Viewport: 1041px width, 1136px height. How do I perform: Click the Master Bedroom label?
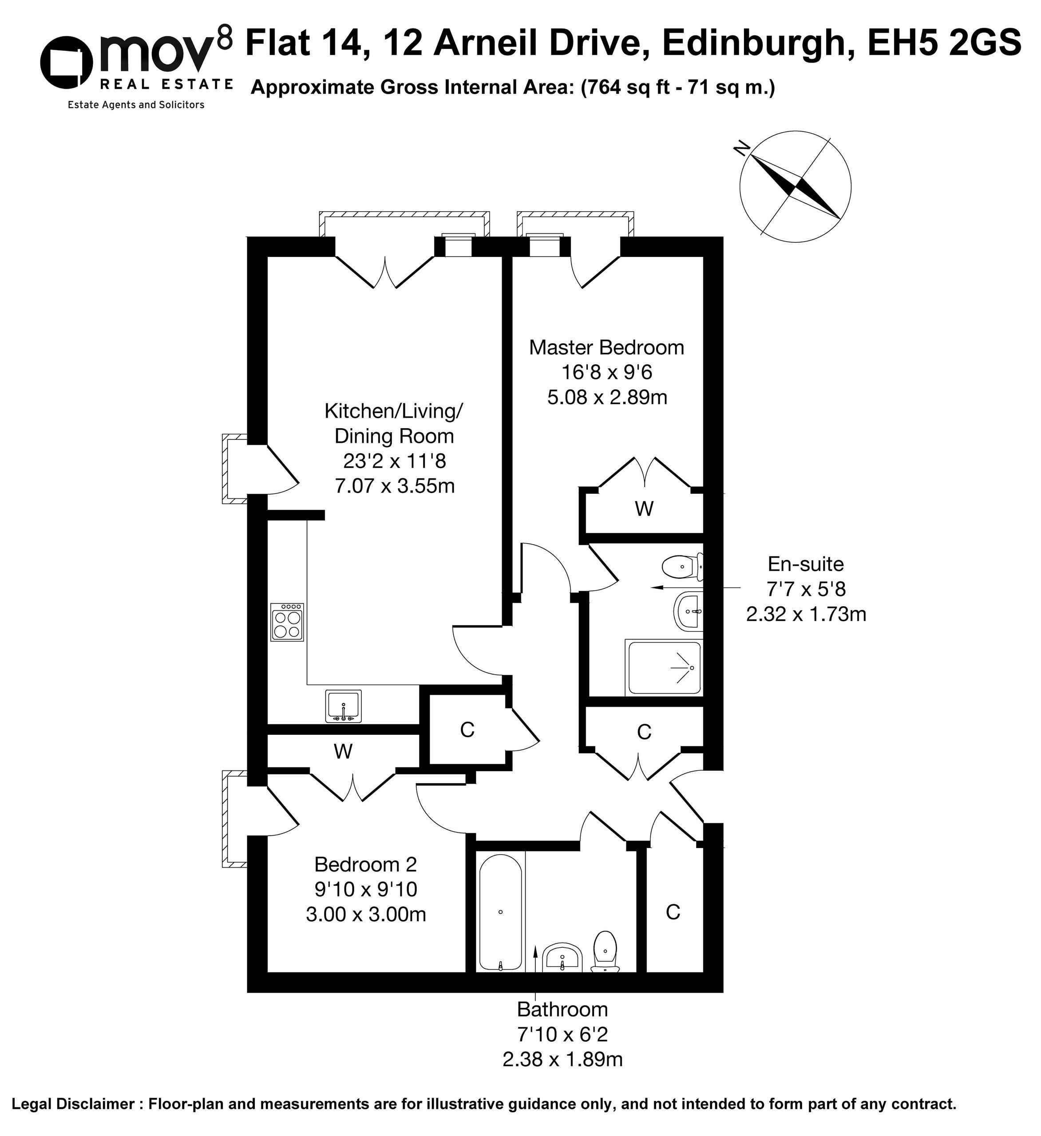(x=606, y=347)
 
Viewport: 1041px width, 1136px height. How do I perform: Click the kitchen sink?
(x=343, y=706)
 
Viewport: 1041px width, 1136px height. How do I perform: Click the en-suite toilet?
(x=683, y=566)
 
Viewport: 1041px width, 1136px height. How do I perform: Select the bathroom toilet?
(x=605, y=952)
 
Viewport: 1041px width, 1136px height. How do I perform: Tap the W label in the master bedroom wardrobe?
(x=644, y=509)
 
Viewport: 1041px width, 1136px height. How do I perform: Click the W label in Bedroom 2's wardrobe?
(x=343, y=751)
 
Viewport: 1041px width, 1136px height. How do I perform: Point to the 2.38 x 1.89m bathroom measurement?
(x=562, y=1059)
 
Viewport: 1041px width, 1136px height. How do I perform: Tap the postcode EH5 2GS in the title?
(x=944, y=43)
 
